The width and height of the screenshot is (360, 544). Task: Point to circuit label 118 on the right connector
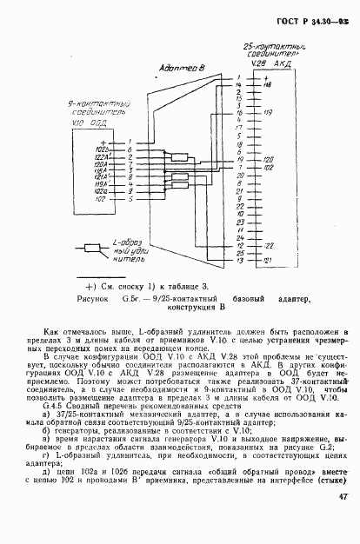(x=268, y=85)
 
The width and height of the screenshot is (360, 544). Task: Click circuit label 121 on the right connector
(x=268, y=259)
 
